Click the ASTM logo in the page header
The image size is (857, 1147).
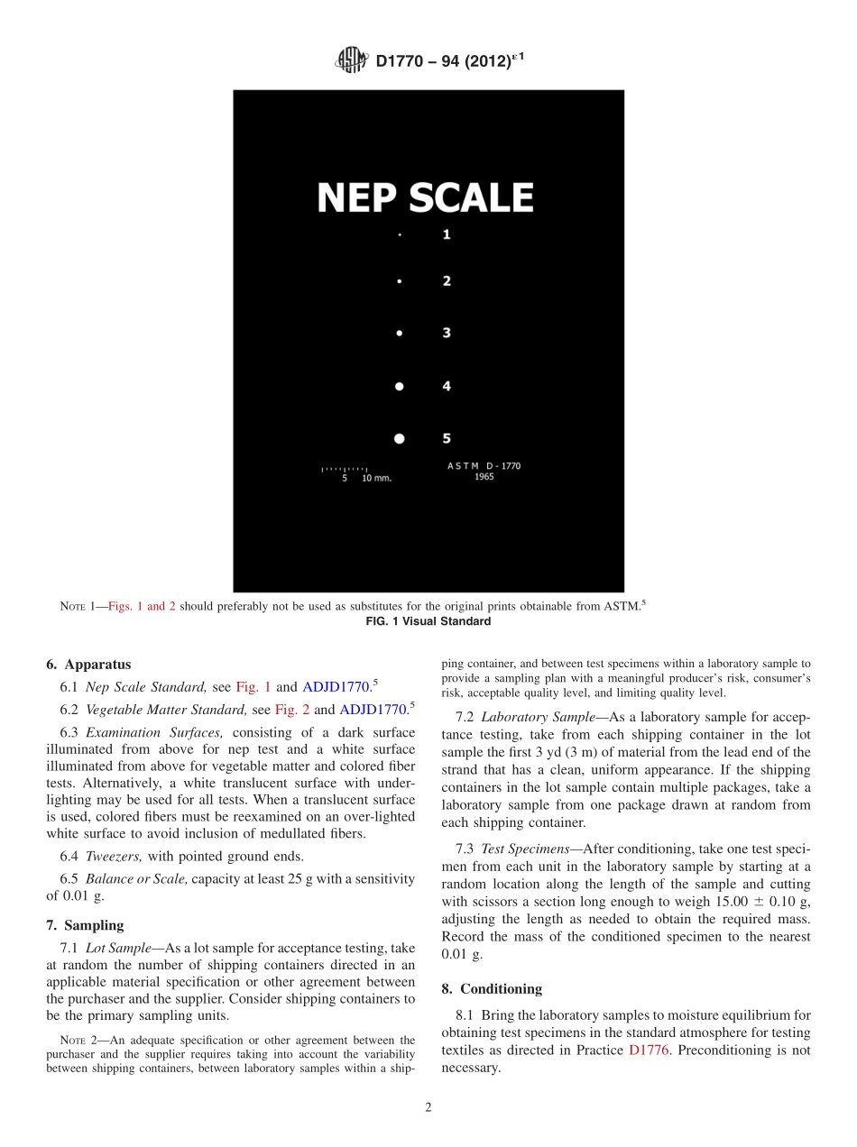tap(351, 60)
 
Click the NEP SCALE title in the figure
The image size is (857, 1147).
tap(425, 198)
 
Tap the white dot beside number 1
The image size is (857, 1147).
tap(400, 234)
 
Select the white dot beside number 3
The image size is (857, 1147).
tap(400, 334)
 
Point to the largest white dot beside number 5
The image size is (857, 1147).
tap(400, 439)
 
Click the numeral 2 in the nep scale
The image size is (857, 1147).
tap(447, 281)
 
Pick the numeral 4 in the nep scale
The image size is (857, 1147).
tap(447, 386)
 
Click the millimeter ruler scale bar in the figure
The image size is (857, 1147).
tap(345, 470)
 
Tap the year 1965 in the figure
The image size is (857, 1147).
tap(484, 477)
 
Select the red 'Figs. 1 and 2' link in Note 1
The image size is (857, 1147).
tap(142, 607)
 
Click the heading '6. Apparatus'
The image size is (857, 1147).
tap(88, 664)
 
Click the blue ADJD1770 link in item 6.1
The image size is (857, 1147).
tap(336, 687)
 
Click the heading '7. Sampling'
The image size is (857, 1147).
tap(85, 925)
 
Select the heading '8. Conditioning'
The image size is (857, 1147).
tap(492, 988)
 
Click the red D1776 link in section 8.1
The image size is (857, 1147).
tap(649, 1051)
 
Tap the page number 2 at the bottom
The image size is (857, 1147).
tap(428, 1108)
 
